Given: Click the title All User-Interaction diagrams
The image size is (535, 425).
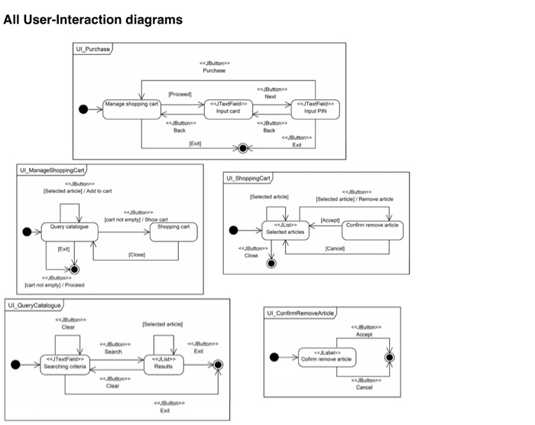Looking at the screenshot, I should pos(92,20).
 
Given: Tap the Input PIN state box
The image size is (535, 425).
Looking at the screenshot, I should pos(315,109).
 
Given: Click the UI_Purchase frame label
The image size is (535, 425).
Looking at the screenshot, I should pos(92,49).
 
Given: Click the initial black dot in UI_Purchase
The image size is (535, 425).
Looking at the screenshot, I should pos(85,109).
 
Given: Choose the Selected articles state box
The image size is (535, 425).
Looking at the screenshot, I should pos(284,229).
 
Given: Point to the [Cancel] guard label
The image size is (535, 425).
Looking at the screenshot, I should pos(335,248).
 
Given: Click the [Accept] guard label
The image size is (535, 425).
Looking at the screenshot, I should pos(329,220).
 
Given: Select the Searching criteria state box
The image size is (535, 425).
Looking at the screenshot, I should pos(65,365).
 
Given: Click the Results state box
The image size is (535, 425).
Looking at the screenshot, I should pos(165,365).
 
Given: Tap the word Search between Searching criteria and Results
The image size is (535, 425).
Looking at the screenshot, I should pos(113,352).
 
